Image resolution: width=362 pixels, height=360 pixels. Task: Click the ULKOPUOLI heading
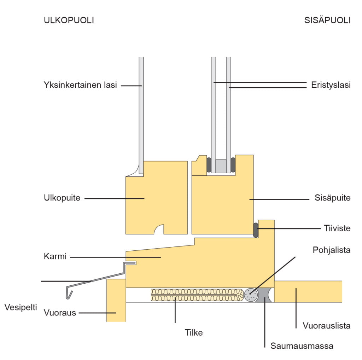[x=69, y=20]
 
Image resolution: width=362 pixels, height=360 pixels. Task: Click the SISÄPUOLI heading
[x=327, y=20]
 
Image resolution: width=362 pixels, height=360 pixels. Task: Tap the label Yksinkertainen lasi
[x=80, y=85]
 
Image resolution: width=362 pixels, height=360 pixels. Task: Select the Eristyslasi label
[x=331, y=85]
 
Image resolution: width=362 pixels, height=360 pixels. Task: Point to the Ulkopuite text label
[x=62, y=198]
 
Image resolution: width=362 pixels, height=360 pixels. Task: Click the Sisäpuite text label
[x=332, y=198]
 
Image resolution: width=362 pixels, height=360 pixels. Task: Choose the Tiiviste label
[x=337, y=228]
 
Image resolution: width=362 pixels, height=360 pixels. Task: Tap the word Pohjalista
[x=331, y=250]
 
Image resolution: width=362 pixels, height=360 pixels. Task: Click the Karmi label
[x=55, y=256]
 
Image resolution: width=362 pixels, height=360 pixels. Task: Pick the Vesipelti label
[x=21, y=307]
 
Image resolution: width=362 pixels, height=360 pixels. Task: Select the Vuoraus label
[x=60, y=313]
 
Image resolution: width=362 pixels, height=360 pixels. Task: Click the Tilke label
[x=194, y=332]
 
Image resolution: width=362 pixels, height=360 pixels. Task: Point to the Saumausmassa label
[x=302, y=346]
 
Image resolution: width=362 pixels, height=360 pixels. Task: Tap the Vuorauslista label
[x=327, y=325]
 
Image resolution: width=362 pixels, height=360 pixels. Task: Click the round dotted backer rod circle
[x=251, y=295]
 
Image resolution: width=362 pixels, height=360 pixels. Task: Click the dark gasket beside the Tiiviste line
[x=256, y=230]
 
